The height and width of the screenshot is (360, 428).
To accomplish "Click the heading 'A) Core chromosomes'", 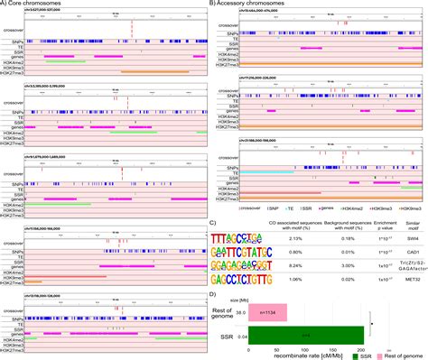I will pyautogui.click(x=34, y=5).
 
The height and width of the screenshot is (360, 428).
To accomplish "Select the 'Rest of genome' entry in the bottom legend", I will pyautogui.click(x=402, y=355).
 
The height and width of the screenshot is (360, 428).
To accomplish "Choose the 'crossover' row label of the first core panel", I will pyautogui.click(x=13, y=30).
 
